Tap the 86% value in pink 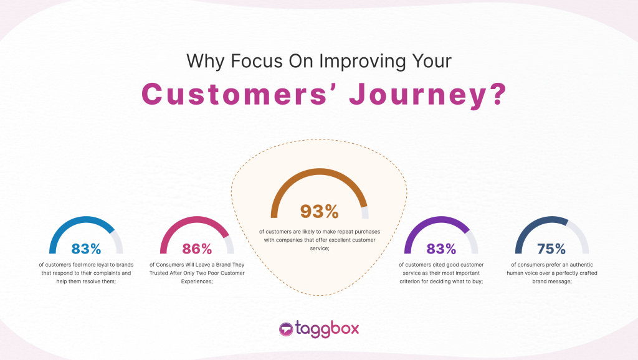point(198,249)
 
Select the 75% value point(551,249)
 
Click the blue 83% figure point(86,249)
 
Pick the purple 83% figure point(441,249)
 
